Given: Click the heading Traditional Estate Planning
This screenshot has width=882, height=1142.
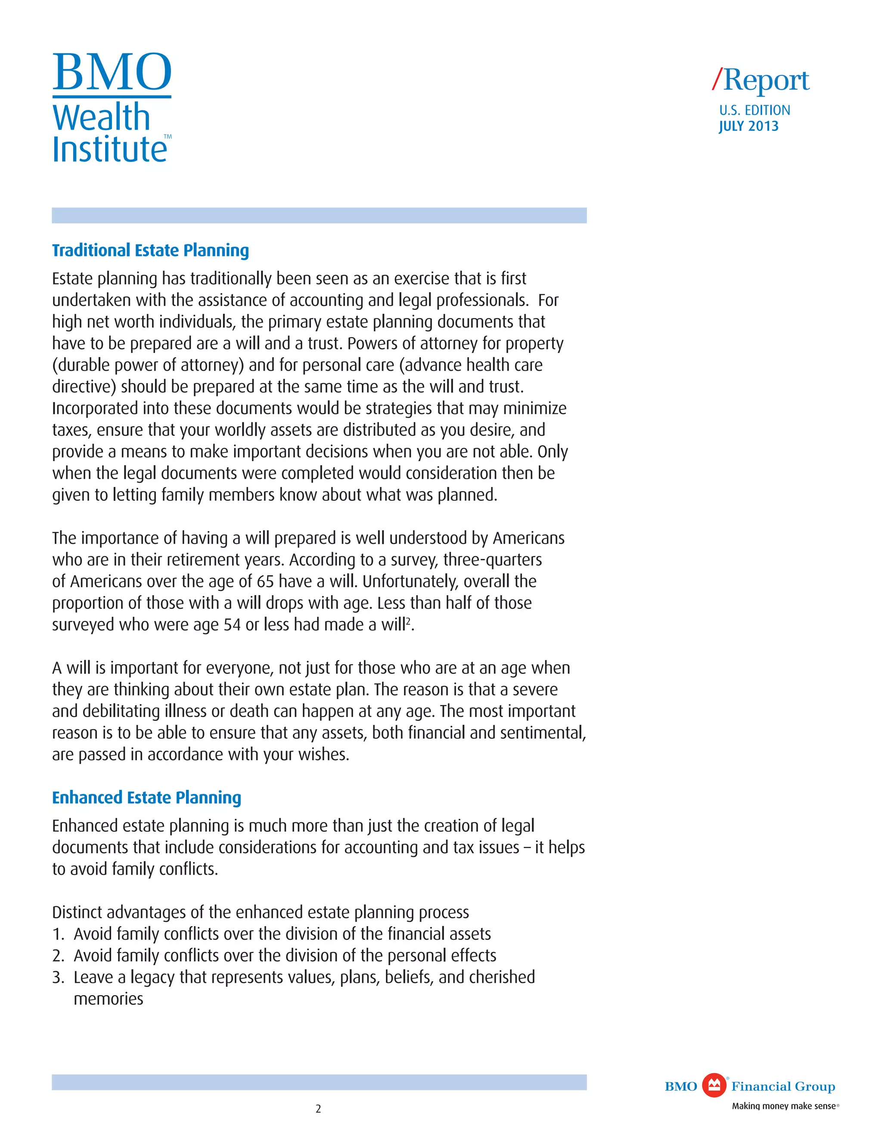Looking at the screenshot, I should (150, 250).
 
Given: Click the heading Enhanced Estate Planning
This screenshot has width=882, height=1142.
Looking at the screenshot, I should (146, 797).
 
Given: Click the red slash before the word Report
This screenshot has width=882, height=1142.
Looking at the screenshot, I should (717, 79).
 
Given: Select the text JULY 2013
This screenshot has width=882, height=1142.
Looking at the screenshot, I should (748, 126).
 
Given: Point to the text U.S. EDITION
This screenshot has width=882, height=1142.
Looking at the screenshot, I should (755, 110).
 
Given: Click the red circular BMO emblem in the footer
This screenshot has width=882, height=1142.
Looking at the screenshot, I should (714, 1086).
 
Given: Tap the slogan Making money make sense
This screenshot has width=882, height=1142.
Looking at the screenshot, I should (783, 1106).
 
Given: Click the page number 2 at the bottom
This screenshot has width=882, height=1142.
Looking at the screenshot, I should (318, 1108).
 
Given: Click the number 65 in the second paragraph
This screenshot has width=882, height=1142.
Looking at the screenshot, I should (265, 581).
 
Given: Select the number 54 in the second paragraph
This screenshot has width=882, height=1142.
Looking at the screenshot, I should (232, 625).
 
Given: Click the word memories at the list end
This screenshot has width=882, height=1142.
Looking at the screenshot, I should (108, 999).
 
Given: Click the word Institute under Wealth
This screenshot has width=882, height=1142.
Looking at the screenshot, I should (109, 150).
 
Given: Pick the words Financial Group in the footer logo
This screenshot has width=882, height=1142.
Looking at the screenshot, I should (783, 1086).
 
